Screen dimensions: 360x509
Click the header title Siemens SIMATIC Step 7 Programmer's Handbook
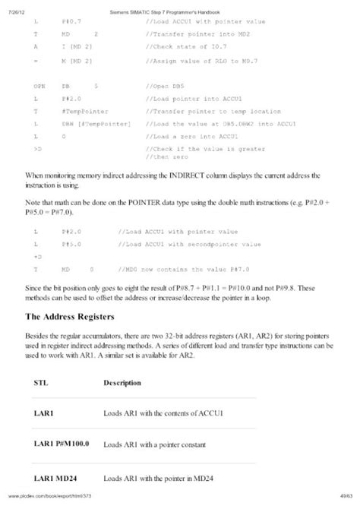coord(180,5)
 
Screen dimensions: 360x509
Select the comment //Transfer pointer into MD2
coord(191,34)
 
